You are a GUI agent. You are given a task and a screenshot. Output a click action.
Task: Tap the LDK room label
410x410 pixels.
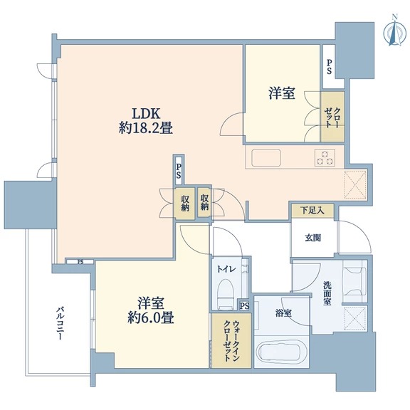pos(146,114)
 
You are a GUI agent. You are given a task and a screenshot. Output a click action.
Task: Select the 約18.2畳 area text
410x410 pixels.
pos(146,129)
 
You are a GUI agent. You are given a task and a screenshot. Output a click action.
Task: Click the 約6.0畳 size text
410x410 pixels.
pos(151,318)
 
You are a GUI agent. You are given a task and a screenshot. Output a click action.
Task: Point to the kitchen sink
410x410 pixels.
pos(266,158)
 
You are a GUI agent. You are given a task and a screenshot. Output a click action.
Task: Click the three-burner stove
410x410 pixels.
pos(325,157)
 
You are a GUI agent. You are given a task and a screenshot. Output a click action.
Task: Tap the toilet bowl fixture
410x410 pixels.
pos(225,294)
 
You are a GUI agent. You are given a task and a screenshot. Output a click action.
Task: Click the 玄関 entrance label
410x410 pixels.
pos(312,238)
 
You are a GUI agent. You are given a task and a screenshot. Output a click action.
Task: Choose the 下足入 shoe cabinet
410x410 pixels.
pos(312,211)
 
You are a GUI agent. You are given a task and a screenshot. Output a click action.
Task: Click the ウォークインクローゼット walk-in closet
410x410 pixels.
pos(231,340)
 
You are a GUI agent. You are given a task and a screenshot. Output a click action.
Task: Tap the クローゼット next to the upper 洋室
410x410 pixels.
pos(332,117)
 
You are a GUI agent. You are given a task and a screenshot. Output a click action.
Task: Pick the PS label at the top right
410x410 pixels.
pos(329,66)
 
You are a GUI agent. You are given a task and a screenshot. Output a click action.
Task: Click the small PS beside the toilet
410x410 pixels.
pos(244,306)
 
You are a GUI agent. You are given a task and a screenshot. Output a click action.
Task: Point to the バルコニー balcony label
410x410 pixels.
pos(60,324)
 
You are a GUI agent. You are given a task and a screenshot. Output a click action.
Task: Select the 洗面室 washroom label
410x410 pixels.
pos(327,293)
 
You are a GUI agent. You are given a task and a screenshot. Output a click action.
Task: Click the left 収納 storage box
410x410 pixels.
pos(184,204)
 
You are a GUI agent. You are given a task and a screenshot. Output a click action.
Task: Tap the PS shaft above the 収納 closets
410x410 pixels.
pos(179,171)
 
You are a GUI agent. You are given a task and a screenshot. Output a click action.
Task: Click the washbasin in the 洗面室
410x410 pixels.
pos(354,281)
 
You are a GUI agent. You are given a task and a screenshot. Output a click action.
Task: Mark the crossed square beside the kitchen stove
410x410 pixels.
pos(355,184)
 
